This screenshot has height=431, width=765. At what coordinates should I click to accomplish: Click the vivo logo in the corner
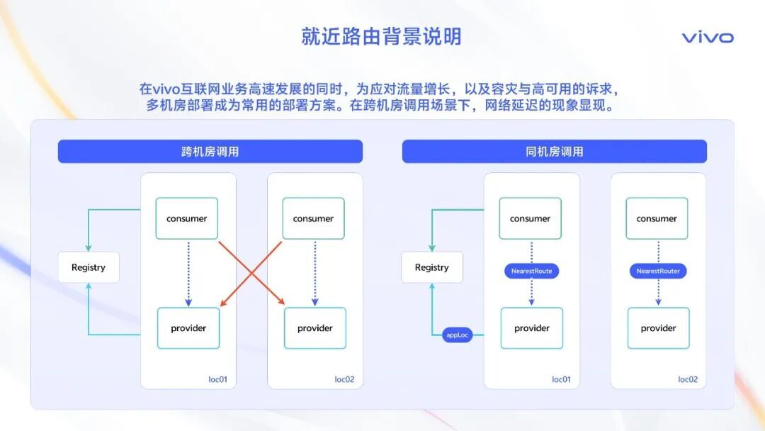pos(708,38)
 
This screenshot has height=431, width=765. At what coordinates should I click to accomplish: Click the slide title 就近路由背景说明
pos(381,36)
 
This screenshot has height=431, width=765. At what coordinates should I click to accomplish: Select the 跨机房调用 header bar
pos(210,152)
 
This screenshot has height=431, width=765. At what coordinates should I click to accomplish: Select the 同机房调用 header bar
pos(554,152)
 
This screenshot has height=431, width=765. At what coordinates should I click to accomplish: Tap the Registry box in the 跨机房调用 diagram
pos(89,267)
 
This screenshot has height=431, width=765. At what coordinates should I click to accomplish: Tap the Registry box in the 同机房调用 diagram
pos(432,267)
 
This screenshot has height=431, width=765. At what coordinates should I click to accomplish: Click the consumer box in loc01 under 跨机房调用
pos(187,218)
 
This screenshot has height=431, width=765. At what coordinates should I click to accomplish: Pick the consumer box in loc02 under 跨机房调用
pos(313,218)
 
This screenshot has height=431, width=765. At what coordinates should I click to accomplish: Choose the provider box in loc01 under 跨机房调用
pos(188,328)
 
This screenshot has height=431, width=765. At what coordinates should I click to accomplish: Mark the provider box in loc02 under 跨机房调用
pos(315,328)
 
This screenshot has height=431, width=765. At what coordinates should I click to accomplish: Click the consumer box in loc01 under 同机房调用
pos(531,218)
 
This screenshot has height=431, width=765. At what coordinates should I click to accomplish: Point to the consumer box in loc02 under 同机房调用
pos(657,218)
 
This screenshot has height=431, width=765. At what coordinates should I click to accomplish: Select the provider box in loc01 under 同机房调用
pos(532,328)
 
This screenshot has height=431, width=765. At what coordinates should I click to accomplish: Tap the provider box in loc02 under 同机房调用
pos(659,328)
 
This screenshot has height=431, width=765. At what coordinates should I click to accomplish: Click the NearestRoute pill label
pos(531,271)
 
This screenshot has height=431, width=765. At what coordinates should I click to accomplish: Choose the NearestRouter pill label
pos(658,271)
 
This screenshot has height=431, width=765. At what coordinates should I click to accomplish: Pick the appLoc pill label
pos(458,335)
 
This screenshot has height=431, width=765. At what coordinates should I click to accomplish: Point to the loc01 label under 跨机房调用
pos(218,379)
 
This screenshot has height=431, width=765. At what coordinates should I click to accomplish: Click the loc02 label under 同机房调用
pos(688,379)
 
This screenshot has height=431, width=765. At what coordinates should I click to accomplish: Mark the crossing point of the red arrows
pos(251,274)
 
